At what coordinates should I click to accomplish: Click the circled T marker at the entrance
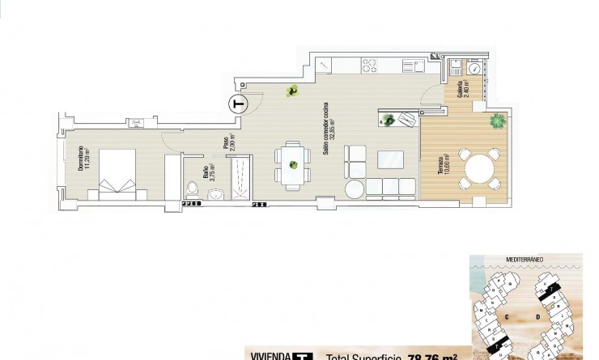pos(237,104)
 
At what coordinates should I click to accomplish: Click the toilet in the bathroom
pos(192,189)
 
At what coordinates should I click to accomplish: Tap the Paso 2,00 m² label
pos(228,143)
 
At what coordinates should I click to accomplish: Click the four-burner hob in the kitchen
pos(374,62)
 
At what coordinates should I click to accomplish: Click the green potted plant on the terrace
pos(495,121)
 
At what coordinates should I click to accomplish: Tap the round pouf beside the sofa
pos(355,189)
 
